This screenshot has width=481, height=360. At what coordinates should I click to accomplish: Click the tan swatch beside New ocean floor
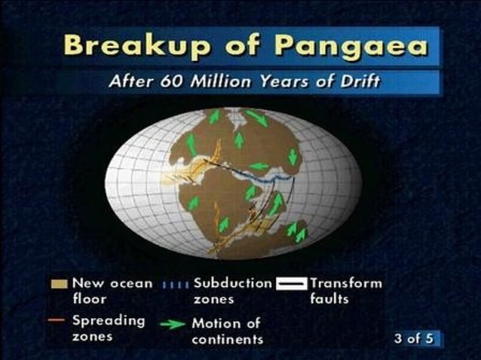click(60, 283)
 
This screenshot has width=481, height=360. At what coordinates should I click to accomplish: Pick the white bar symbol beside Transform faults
click(290, 285)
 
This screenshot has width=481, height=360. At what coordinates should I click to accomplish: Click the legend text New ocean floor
click(112, 291)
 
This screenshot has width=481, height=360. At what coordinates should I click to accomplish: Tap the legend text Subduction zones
click(232, 291)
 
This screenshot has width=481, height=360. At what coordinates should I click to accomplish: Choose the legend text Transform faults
click(345, 291)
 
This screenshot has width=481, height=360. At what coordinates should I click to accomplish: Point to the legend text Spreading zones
click(108, 328)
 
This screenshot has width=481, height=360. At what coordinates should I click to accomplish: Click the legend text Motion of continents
click(226, 331)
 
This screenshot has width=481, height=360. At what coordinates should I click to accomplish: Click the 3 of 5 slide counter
click(415, 338)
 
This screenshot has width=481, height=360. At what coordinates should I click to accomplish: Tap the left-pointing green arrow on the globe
click(259, 166)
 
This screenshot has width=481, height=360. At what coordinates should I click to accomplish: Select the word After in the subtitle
click(130, 81)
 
